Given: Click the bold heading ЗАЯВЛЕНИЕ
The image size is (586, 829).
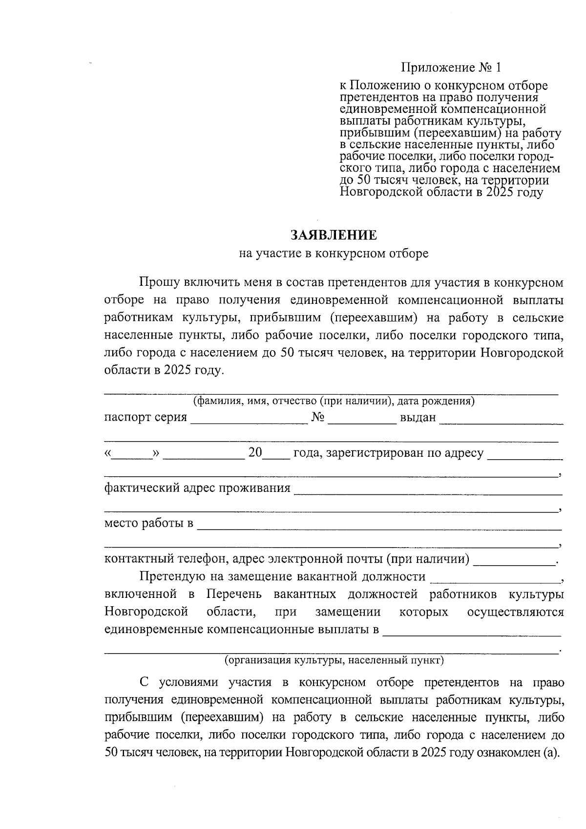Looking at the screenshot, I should [x=334, y=235].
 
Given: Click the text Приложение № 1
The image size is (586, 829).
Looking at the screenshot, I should [x=451, y=67].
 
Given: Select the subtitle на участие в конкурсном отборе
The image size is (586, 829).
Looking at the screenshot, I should [x=334, y=254].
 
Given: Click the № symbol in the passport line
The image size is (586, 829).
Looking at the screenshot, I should [x=318, y=418].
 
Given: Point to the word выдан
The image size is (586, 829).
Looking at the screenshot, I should [x=418, y=418].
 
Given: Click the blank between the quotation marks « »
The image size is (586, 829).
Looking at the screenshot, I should [x=132, y=454].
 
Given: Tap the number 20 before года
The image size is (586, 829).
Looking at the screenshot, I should [x=255, y=453].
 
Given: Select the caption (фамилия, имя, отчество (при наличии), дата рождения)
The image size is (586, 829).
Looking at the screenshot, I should [x=334, y=402].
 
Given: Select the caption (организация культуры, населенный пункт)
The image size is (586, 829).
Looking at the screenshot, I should [x=334, y=660].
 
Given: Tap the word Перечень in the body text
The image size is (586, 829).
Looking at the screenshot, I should [x=234, y=595].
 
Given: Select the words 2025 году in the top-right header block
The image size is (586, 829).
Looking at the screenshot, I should [x=514, y=192].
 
